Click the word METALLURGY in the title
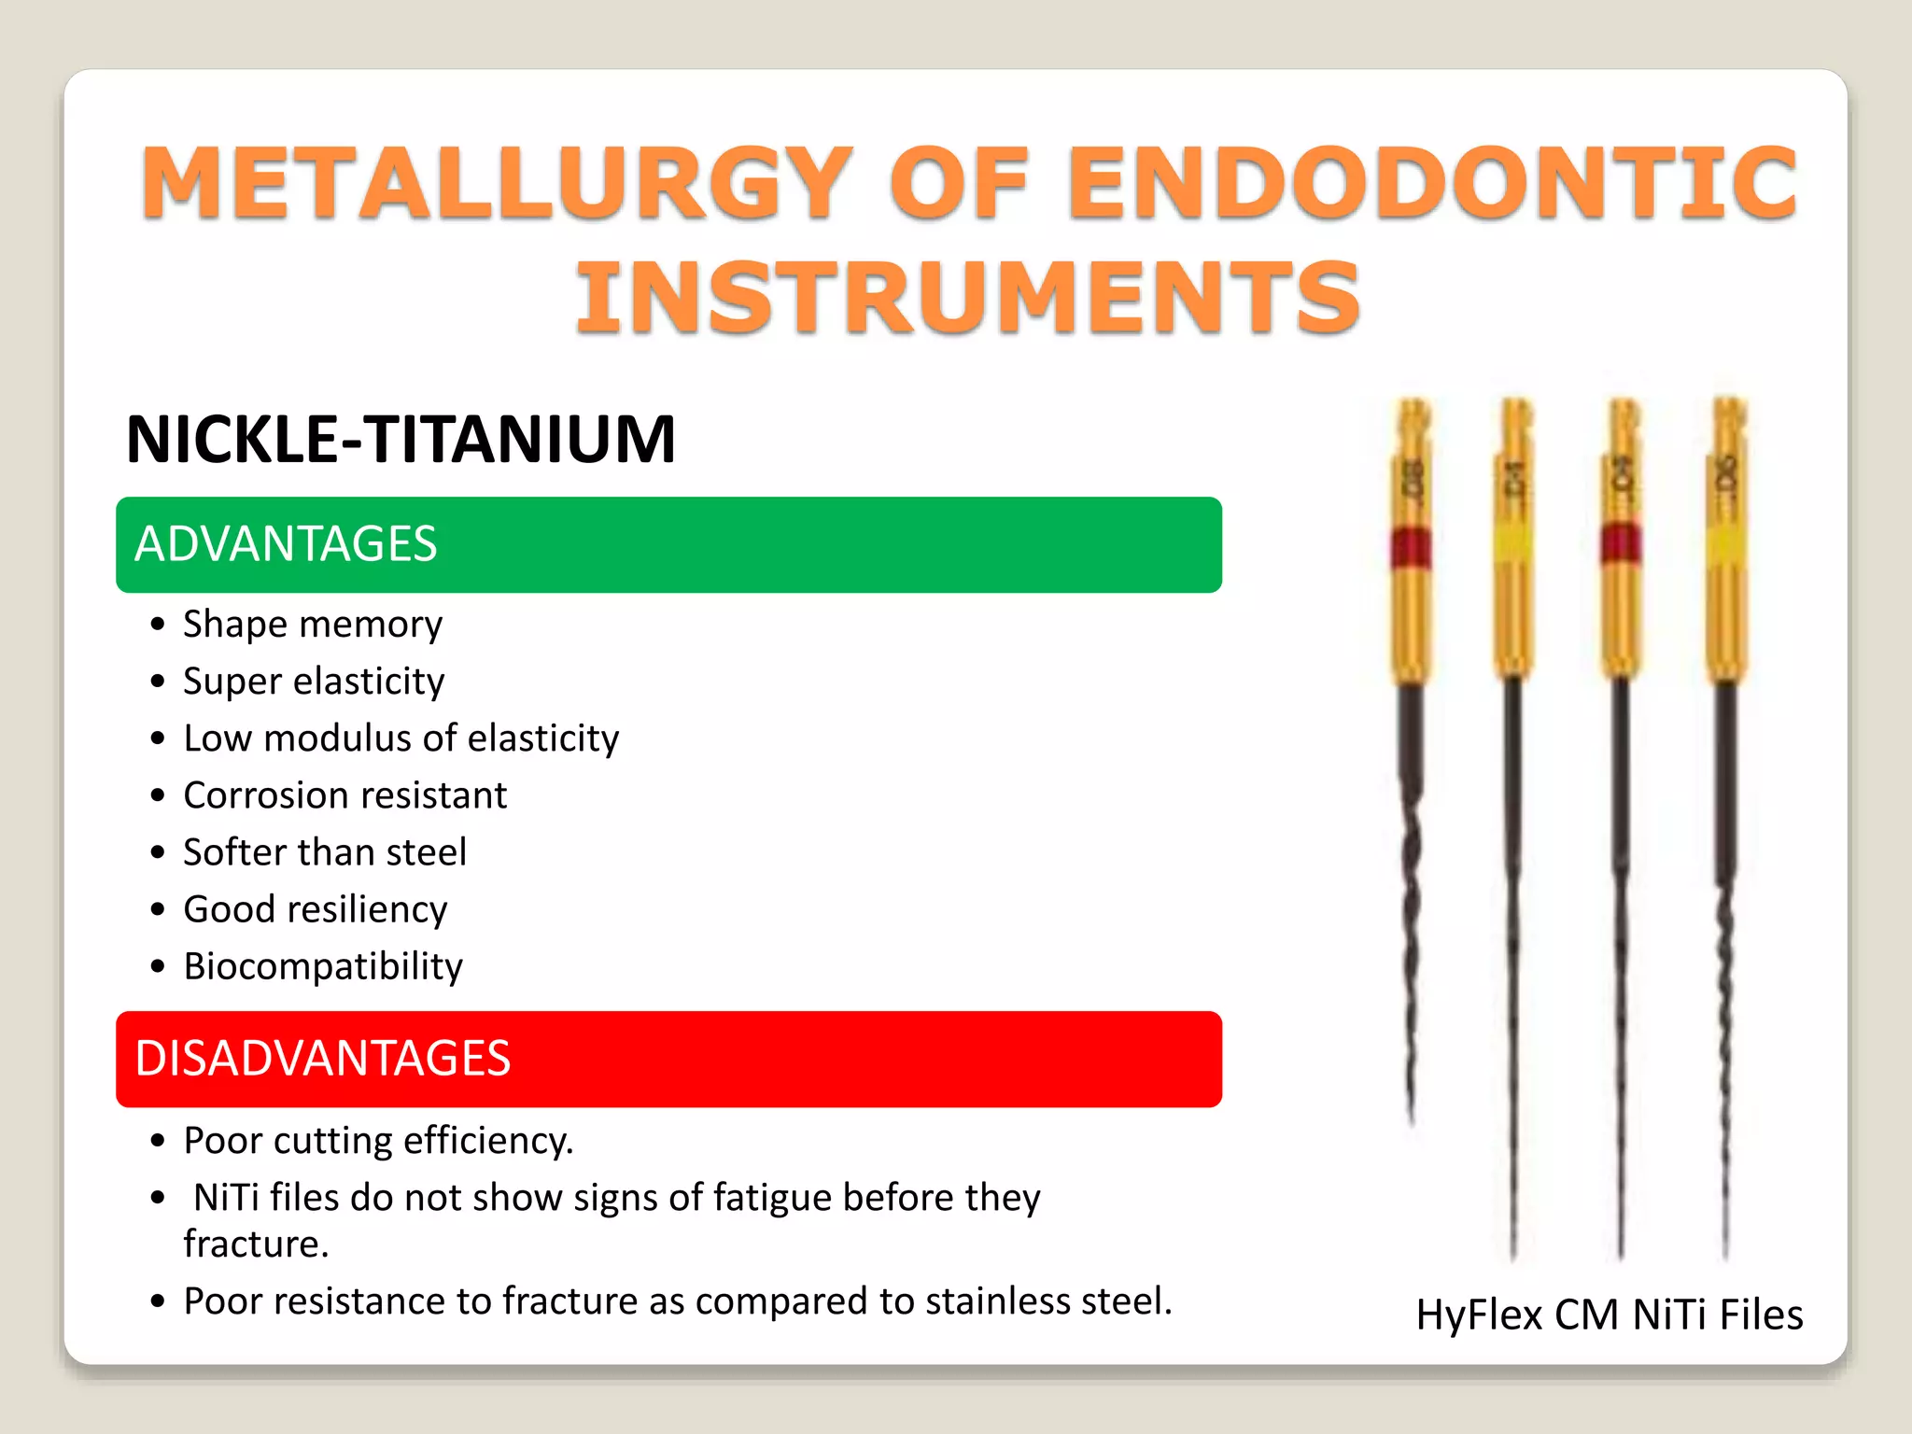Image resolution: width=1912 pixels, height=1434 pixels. [496, 183]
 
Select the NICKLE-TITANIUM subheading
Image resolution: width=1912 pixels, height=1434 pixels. [401, 439]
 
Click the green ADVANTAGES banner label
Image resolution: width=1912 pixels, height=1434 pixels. [286, 544]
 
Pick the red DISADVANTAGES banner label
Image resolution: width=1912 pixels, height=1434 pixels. [323, 1059]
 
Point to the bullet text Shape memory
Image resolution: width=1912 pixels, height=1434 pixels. [313, 624]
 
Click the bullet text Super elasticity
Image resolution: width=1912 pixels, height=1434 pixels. [314, 681]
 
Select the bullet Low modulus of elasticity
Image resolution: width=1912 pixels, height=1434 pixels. [401, 738]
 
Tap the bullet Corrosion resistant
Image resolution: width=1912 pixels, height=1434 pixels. [344, 794]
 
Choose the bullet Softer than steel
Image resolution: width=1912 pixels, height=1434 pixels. [325, 851]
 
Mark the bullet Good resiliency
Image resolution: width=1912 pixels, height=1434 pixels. [316, 908]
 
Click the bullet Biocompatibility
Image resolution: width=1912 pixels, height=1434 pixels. [323, 965]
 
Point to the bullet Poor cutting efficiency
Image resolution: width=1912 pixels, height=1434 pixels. [378, 1140]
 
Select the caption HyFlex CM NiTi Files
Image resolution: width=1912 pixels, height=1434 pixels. [1609, 1314]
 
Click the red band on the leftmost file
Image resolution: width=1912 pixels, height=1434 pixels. [1411, 547]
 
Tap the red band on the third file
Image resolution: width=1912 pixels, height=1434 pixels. [1621, 543]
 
